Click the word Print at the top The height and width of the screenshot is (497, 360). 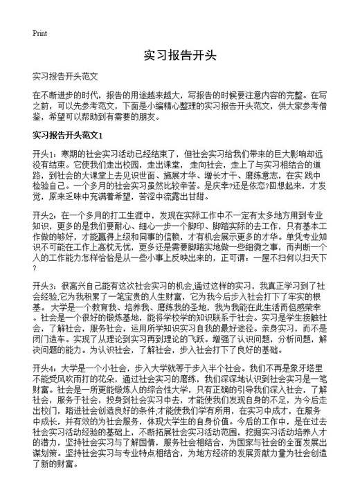(39, 33)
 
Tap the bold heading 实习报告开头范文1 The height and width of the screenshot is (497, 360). (68, 134)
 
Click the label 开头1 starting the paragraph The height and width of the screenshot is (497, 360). (44, 153)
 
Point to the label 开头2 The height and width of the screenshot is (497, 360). (44, 217)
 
